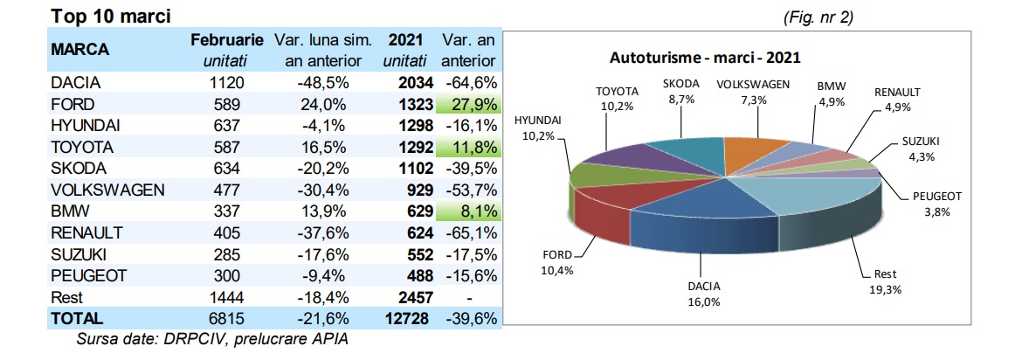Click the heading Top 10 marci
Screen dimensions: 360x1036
tap(110, 17)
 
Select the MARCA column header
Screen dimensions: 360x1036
tap(79, 50)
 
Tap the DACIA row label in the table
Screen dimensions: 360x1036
tap(77, 83)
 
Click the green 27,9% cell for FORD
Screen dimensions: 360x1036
tap(469, 105)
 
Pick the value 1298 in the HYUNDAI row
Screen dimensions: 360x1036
tap(404, 126)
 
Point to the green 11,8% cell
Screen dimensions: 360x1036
tap(469, 147)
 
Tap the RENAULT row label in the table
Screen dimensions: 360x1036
tap(86, 232)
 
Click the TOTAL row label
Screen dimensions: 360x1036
tap(77, 318)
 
